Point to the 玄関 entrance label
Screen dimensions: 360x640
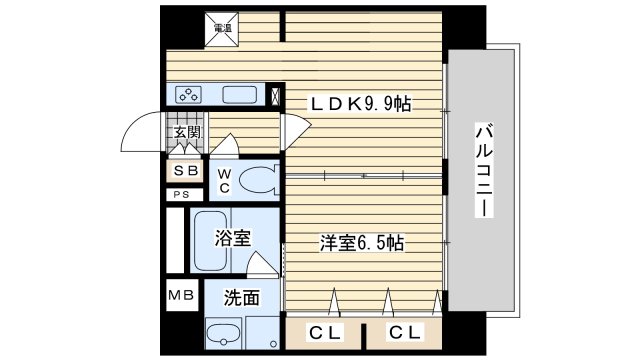(186, 132)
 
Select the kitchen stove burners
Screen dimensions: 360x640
(188, 96)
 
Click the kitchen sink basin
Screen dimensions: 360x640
(241, 96)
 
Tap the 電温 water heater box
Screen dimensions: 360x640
(223, 29)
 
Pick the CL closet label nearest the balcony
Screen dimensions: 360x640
(404, 331)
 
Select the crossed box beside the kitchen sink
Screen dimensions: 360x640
(276, 97)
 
